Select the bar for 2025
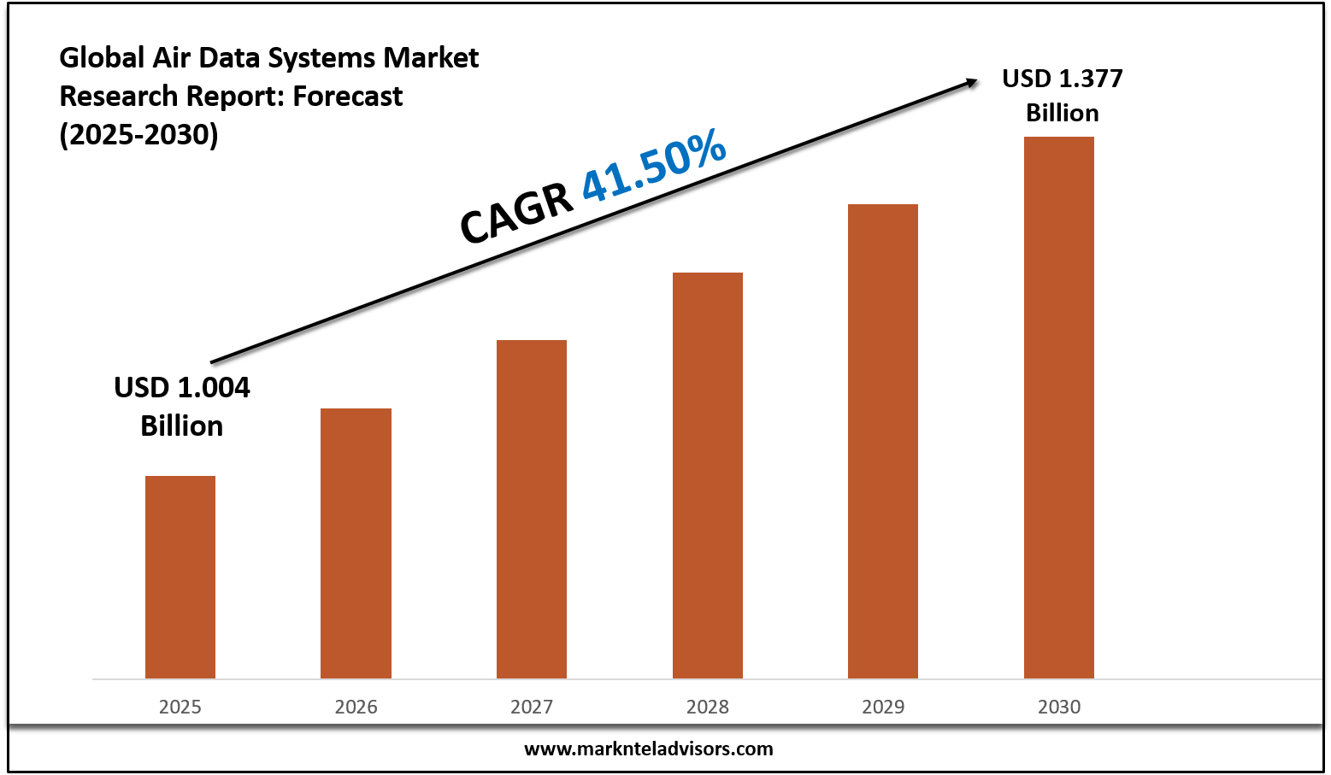click(x=180, y=577)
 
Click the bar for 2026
click(x=356, y=543)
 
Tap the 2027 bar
click(x=532, y=509)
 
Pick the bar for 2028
click(x=708, y=475)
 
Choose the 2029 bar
click(x=883, y=441)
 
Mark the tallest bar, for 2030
click(x=1059, y=408)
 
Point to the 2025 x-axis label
click(x=180, y=707)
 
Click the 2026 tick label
click(x=356, y=707)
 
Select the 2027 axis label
click(x=532, y=707)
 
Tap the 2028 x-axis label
click(x=708, y=707)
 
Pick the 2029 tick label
click(x=883, y=707)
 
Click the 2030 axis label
click(x=1059, y=707)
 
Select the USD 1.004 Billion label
click(x=182, y=406)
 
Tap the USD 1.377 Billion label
click(x=1063, y=95)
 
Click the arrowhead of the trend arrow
click(x=972, y=82)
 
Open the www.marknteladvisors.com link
click(x=648, y=749)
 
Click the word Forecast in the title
click(x=348, y=96)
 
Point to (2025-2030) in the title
click(x=138, y=134)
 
